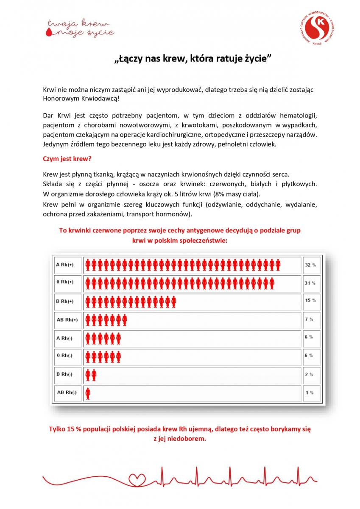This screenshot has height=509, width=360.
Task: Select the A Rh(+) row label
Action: click(64, 265)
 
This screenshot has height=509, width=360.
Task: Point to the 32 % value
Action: click(310, 265)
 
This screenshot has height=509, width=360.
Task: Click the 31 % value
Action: click(310, 283)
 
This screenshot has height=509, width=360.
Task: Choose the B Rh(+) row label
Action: click(64, 301)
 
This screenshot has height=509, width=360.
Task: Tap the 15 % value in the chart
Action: click(310, 300)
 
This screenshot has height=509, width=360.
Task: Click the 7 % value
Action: click(309, 319)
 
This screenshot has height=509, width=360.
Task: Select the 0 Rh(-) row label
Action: click(64, 355)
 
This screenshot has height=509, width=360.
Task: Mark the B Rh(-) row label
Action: click(64, 374)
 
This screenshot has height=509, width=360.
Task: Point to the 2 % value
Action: click(309, 375)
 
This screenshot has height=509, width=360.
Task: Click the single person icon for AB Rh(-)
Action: click(88, 393)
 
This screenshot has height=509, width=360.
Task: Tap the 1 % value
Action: click(309, 393)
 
